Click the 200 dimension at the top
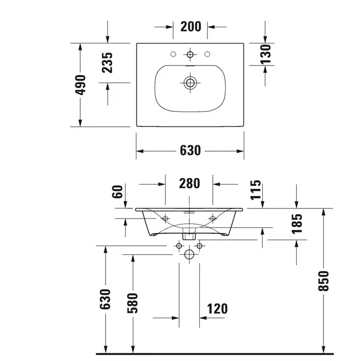191,26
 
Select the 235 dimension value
107,63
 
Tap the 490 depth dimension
80,85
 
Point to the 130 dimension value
266,54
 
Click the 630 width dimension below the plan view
190,151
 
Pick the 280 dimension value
190,184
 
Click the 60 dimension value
117,191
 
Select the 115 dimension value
255,190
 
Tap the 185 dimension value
297,224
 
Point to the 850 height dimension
323,281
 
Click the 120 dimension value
217,309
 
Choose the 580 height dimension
133,303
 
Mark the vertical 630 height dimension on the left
105,299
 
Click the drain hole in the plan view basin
190,83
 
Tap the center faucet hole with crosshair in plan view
190,54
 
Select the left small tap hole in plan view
174,54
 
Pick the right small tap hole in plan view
207,54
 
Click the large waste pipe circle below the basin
189,254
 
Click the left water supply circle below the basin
179,246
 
